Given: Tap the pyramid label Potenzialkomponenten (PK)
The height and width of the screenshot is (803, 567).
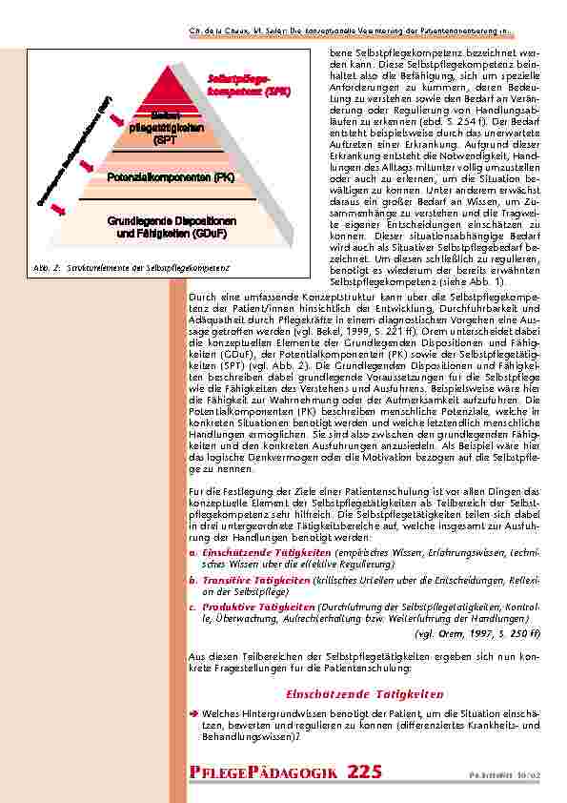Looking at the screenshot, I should coord(171,177).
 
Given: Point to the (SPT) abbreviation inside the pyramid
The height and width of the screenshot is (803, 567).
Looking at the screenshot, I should coord(166,140).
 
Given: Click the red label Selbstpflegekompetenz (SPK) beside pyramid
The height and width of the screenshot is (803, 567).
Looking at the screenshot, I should coord(249,84).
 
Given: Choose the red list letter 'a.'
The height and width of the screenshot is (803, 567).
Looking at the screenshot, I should coord(192,552).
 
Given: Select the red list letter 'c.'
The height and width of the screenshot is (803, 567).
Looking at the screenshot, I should coord(192,607).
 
